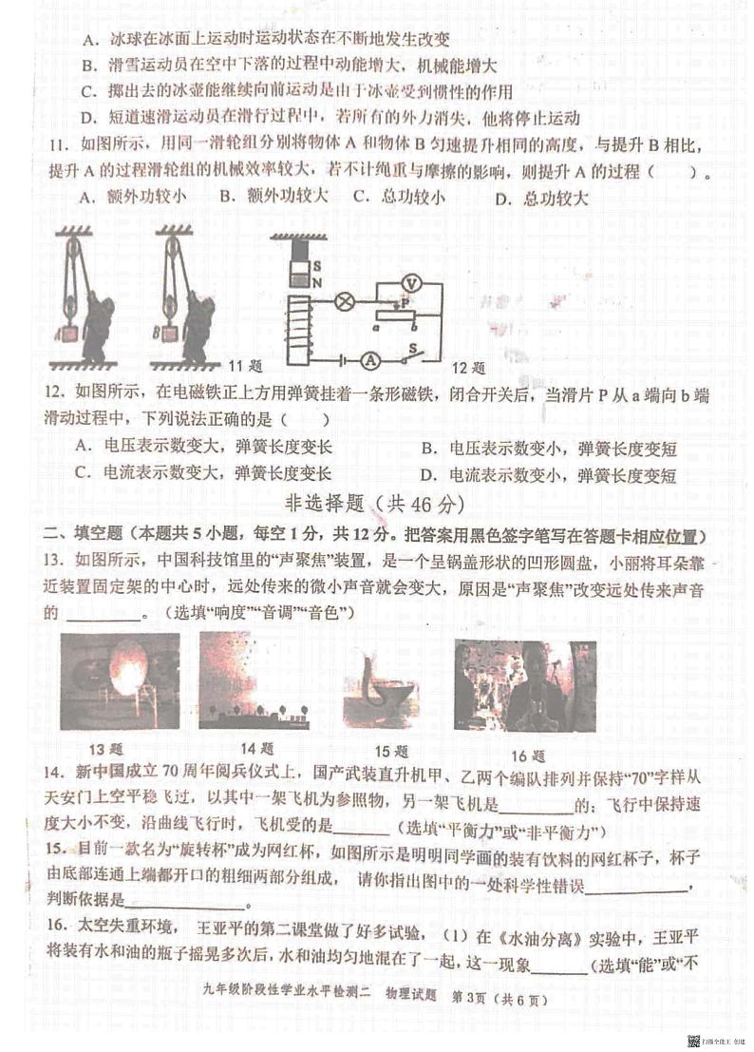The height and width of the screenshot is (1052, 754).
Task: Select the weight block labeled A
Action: coord(68,334)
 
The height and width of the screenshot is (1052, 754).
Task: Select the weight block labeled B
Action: coord(169,333)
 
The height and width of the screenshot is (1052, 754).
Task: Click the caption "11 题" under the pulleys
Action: coord(246,365)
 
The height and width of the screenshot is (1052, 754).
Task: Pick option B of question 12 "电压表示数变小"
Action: coord(549,449)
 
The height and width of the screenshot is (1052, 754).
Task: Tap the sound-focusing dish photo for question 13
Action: coord(120,681)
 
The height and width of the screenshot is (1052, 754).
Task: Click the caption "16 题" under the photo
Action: coord(527,756)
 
